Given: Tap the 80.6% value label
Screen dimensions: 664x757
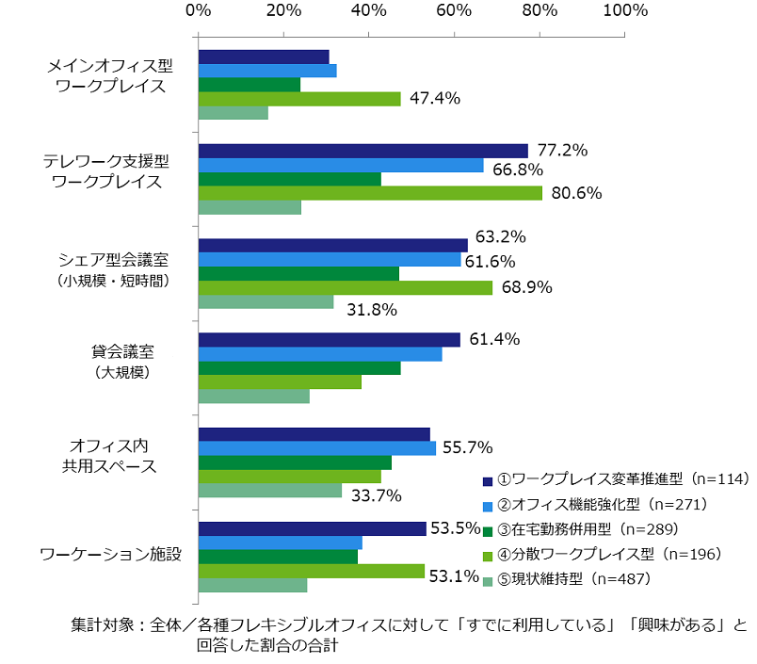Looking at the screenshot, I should tap(574, 193).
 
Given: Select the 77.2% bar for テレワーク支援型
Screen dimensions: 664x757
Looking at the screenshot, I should tap(362, 151).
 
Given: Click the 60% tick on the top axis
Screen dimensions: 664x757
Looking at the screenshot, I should tap(454, 11).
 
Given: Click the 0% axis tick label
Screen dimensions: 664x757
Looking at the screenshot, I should tap(198, 11).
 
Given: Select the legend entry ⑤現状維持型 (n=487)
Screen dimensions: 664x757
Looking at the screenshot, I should tap(565, 579).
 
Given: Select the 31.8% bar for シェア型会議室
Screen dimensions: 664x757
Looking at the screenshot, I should tap(266, 302).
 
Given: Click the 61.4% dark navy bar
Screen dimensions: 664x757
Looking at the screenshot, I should tap(329, 340).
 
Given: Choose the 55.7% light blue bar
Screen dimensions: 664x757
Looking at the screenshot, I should tap(316, 448).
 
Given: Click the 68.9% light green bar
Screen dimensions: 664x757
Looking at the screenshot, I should tap(345, 288).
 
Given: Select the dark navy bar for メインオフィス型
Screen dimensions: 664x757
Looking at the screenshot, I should tap(263, 57).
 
